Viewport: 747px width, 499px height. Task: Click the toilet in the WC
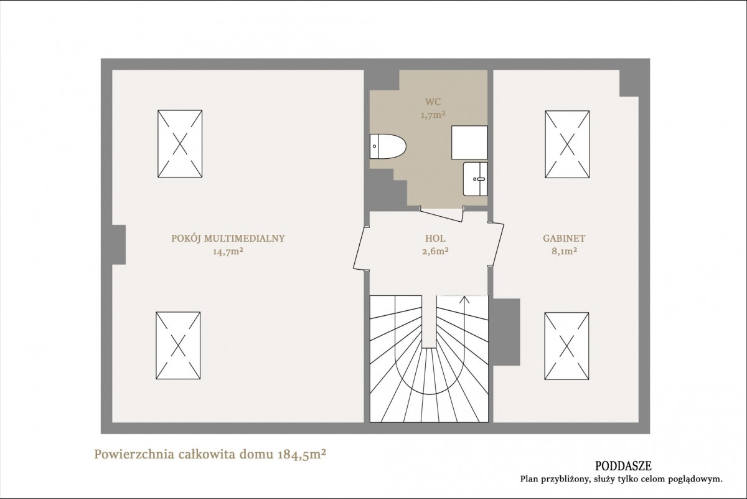pyautogui.click(x=388, y=146)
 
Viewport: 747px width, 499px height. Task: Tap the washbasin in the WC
pyautogui.click(x=475, y=179)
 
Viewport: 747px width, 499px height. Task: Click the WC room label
pyautogui.click(x=433, y=102)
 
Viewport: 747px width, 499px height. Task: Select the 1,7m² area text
pyautogui.click(x=433, y=115)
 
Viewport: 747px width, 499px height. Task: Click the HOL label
pyautogui.click(x=435, y=239)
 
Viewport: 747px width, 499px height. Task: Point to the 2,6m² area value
pyautogui.click(x=435, y=251)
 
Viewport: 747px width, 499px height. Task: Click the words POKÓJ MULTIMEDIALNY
pyautogui.click(x=228, y=239)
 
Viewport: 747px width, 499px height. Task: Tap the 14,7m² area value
pyautogui.click(x=228, y=251)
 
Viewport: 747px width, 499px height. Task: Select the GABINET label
pyautogui.click(x=564, y=239)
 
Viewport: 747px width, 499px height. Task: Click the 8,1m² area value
pyautogui.click(x=564, y=251)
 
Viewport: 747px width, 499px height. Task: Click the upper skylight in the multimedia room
pyautogui.click(x=180, y=143)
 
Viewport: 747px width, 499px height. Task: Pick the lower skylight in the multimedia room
pyautogui.click(x=178, y=346)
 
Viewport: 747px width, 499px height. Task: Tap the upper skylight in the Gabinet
pyautogui.click(x=567, y=144)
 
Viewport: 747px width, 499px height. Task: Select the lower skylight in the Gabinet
pyautogui.click(x=567, y=346)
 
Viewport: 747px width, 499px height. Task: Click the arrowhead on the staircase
pyautogui.click(x=464, y=300)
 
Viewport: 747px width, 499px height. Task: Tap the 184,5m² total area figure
pyautogui.click(x=302, y=455)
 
